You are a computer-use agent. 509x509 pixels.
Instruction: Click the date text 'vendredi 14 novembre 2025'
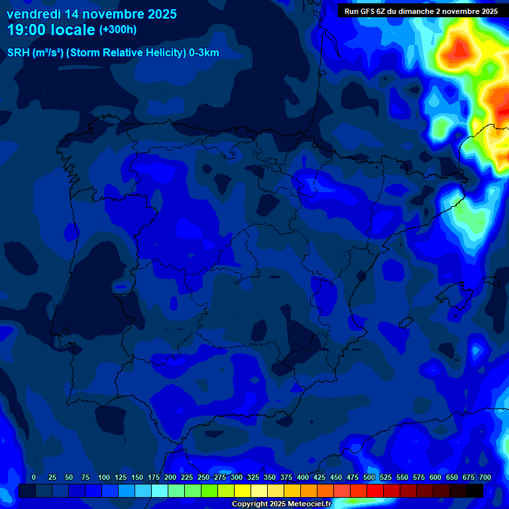(91, 14)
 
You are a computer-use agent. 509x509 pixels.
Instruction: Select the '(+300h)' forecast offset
(117, 30)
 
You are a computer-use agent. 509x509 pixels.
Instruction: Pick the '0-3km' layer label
(203, 53)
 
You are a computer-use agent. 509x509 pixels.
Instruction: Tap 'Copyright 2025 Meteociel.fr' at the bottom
(281, 504)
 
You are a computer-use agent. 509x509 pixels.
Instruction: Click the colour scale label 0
(34, 477)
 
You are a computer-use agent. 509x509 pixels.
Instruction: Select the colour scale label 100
(103, 477)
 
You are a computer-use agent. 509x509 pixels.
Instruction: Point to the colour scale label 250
(203, 477)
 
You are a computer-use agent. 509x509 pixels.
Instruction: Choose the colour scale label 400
(302, 477)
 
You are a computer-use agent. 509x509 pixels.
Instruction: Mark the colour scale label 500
(368, 477)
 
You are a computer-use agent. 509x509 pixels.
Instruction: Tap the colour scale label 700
(484, 477)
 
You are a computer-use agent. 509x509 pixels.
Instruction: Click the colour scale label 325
(253, 477)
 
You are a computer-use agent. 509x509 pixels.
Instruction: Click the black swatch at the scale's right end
(475, 490)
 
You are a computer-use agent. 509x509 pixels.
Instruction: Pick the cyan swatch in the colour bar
(160, 490)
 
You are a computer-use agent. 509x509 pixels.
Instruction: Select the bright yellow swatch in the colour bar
(243, 490)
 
